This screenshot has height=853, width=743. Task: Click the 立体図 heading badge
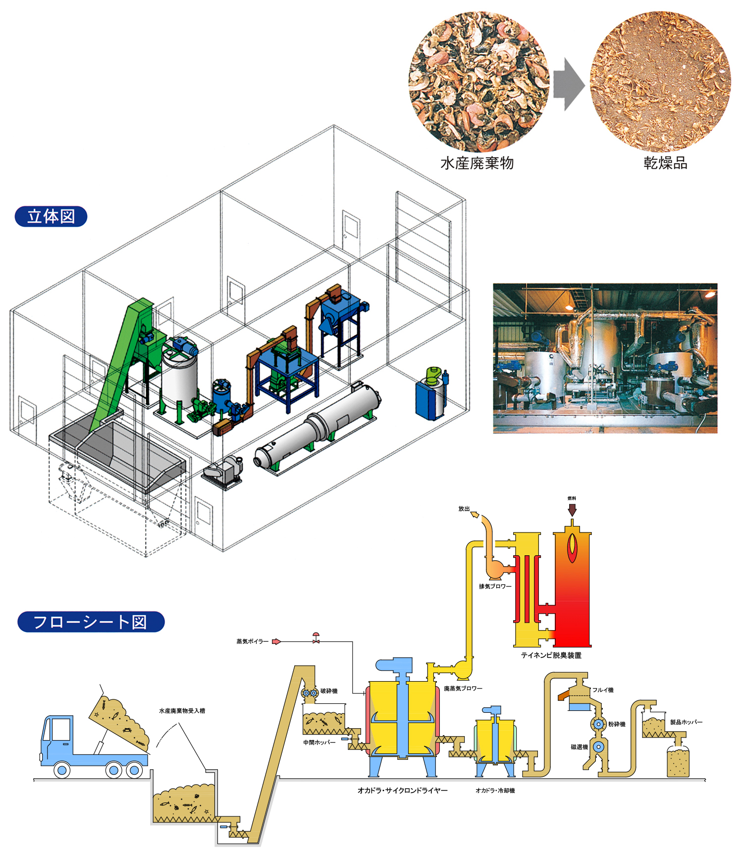coord(51,216)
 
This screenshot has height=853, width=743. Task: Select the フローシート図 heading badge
coord(91,622)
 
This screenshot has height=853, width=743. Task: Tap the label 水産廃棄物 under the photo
coord(477,163)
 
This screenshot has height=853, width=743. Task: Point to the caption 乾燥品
coord(665,163)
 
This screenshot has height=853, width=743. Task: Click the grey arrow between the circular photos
coord(568,84)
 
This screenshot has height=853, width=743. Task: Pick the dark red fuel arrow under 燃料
coord(572,510)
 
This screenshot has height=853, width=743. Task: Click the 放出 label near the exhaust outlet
coord(464,509)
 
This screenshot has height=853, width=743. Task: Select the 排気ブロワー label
coord(495,586)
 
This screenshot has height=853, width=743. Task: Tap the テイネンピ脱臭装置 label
coord(551,655)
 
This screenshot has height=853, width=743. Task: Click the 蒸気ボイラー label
coord(252,641)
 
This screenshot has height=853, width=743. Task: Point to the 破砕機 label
coord(329,691)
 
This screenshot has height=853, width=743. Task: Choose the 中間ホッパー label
coord(319,743)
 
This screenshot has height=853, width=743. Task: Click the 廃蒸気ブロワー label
coord(463,689)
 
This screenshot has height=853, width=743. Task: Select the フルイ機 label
coord(603,690)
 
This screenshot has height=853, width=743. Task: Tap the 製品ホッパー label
coord(686,722)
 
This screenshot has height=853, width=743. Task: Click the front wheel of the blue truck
coord(62,770)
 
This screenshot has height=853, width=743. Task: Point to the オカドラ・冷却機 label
coord(495,791)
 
